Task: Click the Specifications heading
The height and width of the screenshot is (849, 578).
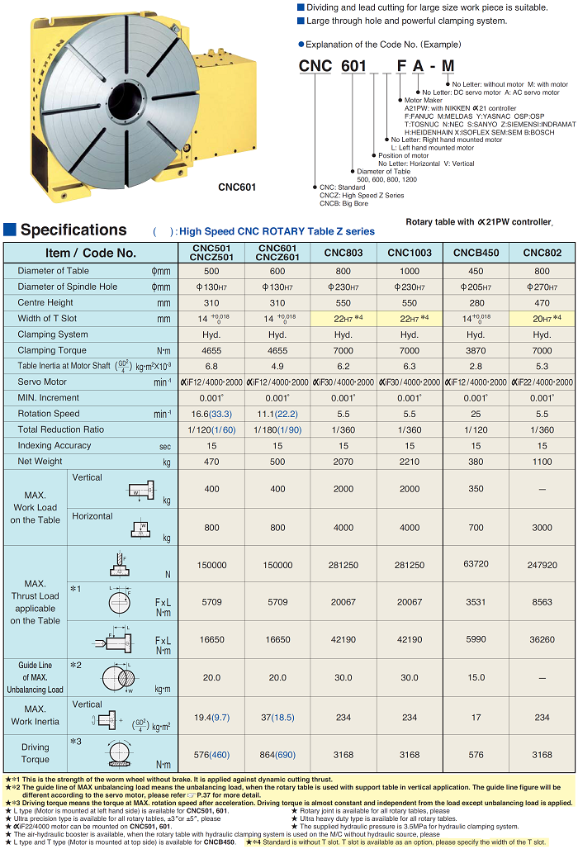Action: [73, 230]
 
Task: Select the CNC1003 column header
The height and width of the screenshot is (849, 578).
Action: [410, 253]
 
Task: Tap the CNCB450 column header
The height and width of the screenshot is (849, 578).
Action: [476, 253]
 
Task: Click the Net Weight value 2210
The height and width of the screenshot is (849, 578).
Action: [410, 461]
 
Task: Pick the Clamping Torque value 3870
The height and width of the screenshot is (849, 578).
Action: [476, 350]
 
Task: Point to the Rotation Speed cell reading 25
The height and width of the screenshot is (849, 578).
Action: [476, 414]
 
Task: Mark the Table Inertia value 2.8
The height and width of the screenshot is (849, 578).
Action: [476, 366]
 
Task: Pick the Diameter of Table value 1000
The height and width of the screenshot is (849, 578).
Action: [410, 271]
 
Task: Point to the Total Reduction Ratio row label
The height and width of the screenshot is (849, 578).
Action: [61, 429]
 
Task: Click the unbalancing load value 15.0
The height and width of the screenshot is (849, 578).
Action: [476, 677]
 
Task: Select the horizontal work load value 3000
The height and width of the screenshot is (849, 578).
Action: [542, 527]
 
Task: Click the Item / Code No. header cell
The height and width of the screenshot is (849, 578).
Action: [91, 253]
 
